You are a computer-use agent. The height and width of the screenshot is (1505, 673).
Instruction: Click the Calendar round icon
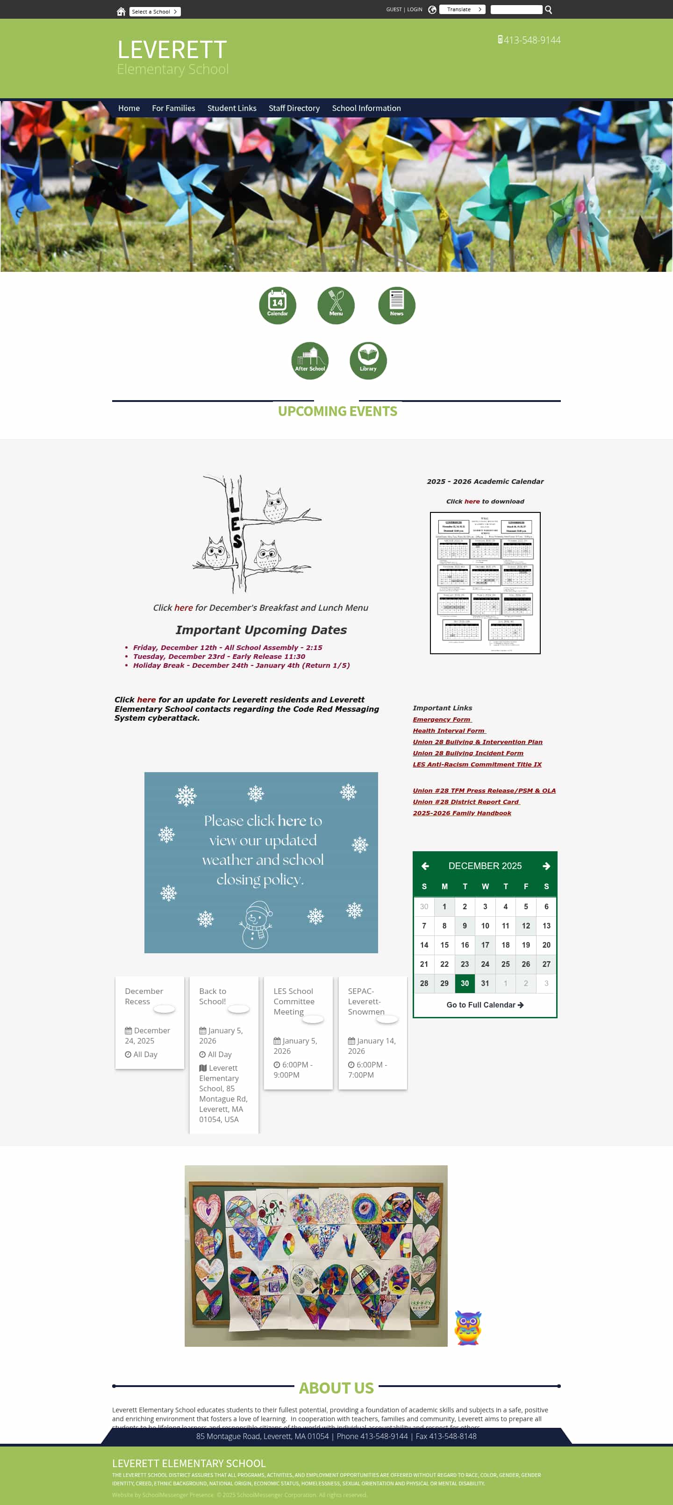tap(277, 305)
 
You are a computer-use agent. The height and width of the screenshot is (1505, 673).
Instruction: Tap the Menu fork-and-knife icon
tap(336, 305)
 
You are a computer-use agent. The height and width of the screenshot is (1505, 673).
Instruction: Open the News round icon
tap(396, 305)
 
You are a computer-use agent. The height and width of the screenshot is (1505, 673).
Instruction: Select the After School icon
tap(309, 360)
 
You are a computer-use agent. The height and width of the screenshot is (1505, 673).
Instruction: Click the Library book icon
tap(368, 360)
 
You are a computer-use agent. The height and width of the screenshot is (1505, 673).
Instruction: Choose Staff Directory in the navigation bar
tap(294, 108)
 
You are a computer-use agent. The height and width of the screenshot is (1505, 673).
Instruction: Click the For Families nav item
tap(173, 108)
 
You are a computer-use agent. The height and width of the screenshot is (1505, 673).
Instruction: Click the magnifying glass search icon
tap(548, 10)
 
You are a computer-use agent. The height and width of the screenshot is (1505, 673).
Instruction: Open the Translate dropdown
tap(462, 10)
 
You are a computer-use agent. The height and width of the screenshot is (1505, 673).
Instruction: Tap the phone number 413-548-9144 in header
tap(531, 40)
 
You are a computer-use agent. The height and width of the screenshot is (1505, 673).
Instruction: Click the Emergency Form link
tap(441, 719)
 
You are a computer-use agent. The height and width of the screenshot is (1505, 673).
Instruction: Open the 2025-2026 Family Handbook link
tap(462, 813)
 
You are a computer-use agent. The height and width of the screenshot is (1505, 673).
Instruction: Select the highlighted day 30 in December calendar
tap(465, 983)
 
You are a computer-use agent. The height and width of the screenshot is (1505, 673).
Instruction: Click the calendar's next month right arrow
tap(546, 866)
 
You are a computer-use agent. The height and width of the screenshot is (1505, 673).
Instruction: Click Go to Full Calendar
tap(485, 1005)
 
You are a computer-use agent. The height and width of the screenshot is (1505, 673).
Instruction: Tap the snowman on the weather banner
tap(256, 924)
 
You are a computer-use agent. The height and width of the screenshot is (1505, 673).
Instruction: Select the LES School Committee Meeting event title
tap(294, 1001)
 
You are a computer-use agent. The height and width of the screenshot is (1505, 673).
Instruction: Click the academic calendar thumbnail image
tap(485, 583)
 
